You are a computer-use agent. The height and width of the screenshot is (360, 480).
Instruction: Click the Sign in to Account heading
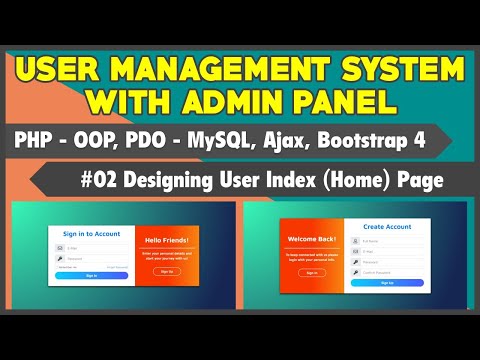[91, 234]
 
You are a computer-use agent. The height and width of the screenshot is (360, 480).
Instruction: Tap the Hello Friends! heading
[167, 240]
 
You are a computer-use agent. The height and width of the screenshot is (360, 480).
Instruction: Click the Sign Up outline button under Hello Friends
[167, 270]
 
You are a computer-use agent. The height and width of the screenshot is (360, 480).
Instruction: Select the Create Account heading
[386, 228]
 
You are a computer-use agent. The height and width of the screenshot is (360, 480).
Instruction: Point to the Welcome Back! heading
[311, 239]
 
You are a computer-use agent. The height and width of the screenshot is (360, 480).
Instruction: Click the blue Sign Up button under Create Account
[386, 283]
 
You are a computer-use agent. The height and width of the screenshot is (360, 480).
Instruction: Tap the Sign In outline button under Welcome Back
[311, 272]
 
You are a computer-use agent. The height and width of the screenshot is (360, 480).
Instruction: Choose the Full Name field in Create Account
[388, 241]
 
